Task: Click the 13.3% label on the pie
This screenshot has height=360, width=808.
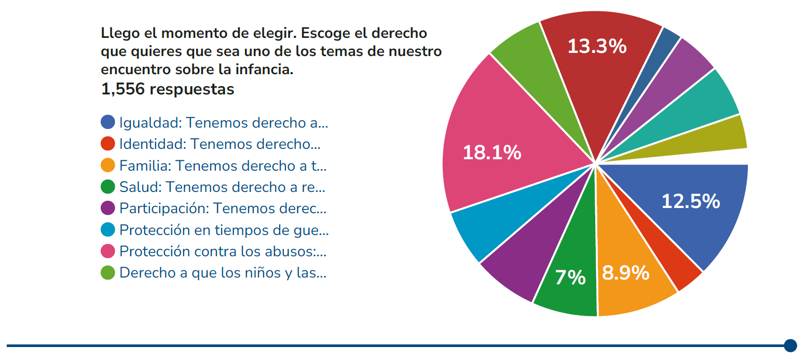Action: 597,47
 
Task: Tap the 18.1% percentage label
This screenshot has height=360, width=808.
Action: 491,153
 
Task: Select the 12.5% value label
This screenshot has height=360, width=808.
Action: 690,201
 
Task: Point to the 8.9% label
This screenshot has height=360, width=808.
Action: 625,273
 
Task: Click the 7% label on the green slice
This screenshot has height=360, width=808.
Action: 570,278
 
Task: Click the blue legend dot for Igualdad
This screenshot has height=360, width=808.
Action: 108,122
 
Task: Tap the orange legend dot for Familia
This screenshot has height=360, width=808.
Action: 108,165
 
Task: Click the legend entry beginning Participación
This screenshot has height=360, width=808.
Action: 223,208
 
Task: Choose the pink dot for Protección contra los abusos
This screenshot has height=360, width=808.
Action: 108,251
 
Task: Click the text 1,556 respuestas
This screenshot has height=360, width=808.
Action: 168,89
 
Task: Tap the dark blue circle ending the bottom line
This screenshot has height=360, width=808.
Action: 790,345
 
